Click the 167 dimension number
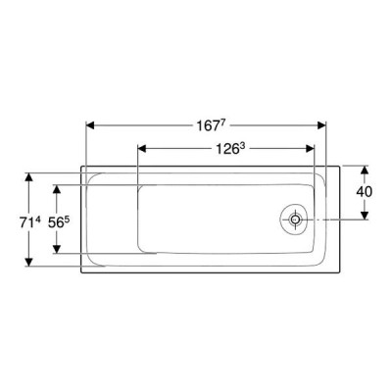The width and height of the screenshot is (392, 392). (208, 126)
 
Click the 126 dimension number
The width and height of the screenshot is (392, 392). (227, 150)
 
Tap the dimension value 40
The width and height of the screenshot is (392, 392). (364, 192)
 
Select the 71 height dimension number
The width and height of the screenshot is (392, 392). (25, 223)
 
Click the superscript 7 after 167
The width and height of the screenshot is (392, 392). (222, 123)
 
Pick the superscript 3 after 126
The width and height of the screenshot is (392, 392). (242, 148)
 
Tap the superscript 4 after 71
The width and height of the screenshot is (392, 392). (37, 220)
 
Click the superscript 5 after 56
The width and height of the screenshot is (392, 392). (67, 220)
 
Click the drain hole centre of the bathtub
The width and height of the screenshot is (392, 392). (296, 220)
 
